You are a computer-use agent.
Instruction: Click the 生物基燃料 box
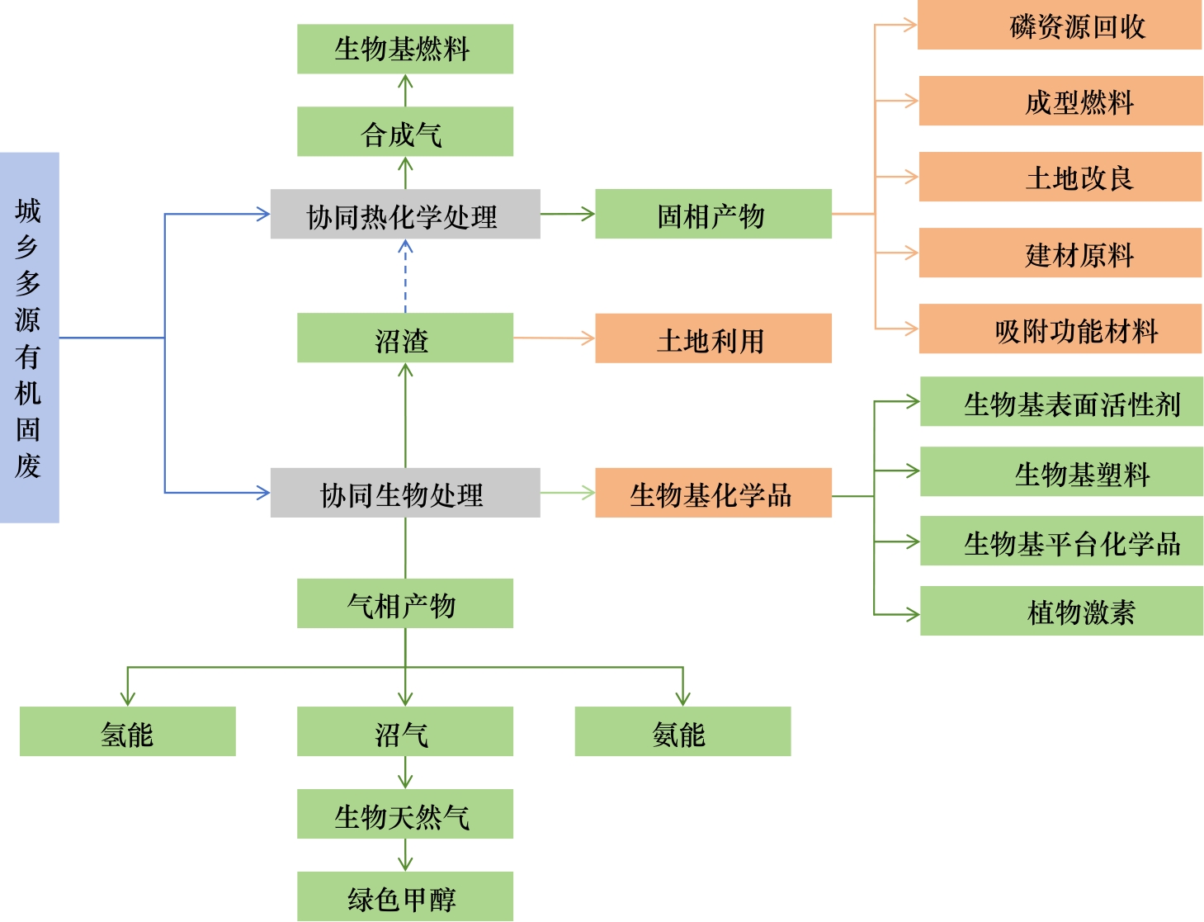pyautogui.click(x=404, y=49)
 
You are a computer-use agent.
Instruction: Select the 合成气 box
pyautogui.click(x=404, y=131)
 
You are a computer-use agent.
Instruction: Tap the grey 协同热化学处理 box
pyautogui.click(x=404, y=215)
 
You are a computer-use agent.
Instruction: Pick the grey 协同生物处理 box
pyautogui.click(x=404, y=493)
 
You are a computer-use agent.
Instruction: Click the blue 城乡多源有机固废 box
pyautogui.click(x=29, y=338)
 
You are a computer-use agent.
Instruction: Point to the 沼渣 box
pyautogui.click(x=404, y=338)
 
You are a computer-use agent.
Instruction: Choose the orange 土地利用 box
pyautogui.click(x=712, y=338)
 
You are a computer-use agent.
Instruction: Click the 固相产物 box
pyautogui.click(x=712, y=214)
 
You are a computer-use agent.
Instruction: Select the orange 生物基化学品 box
pyautogui.click(x=712, y=493)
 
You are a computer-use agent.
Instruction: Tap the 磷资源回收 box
pyautogui.click(x=1059, y=26)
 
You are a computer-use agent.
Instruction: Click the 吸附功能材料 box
pyautogui.click(x=1060, y=329)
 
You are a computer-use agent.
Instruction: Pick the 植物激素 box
pyautogui.click(x=1060, y=611)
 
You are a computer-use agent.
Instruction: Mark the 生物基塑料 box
pyautogui.click(x=1060, y=471)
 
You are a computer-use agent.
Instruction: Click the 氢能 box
pyautogui.click(x=127, y=731)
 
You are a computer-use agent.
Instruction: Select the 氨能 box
pyautogui.click(x=682, y=731)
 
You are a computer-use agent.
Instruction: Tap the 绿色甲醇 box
pyautogui.click(x=404, y=896)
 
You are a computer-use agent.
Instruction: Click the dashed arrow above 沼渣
pyautogui.click(x=405, y=277)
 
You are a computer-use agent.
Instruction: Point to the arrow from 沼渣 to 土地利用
pyautogui.click(x=554, y=338)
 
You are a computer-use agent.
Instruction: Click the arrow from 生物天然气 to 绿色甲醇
pyautogui.click(x=404, y=855)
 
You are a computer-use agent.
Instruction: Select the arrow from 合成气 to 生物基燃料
pyautogui.click(x=405, y=90)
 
